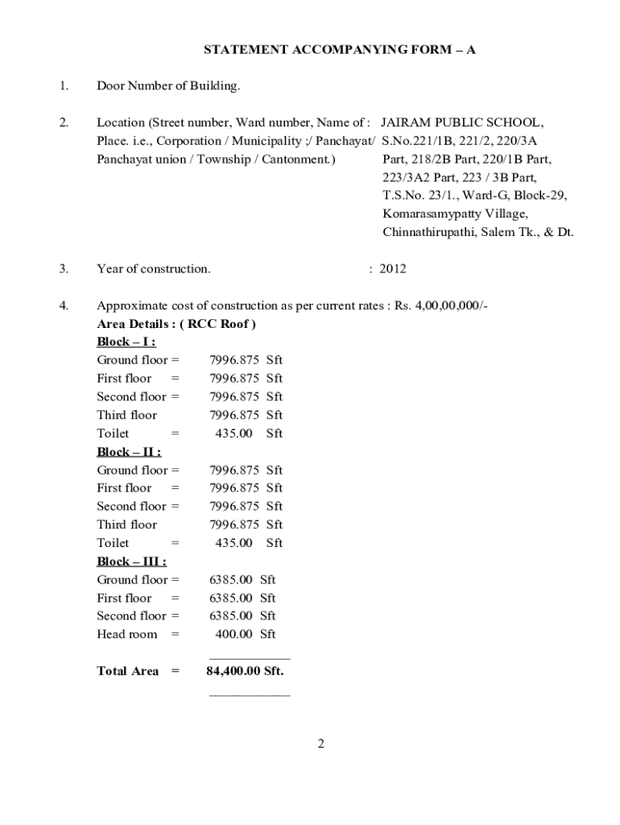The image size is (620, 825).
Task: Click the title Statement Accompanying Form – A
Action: click(339, 50)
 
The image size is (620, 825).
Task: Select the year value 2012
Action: click(393, 269)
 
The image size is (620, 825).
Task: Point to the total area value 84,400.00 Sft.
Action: click(245, 670)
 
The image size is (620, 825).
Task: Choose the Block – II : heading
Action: click(129, 451)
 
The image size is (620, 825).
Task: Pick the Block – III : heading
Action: click(131, 561)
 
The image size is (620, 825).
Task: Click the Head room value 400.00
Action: click(234, 634)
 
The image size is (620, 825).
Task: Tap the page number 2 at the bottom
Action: click(320, 744)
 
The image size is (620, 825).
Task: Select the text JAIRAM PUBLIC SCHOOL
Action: click(462, 123)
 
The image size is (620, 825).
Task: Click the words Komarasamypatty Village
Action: click(455, 214)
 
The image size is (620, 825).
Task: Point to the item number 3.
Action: click(64, 269)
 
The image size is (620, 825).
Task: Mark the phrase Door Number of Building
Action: click(168, 86)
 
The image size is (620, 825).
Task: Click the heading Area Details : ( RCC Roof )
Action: click(176, 324)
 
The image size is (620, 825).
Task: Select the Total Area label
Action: click(128, 670)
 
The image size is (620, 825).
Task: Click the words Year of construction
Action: click(154, 269)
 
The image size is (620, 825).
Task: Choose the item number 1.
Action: click(64, 86)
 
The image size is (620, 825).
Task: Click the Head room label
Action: click(127, 634)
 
